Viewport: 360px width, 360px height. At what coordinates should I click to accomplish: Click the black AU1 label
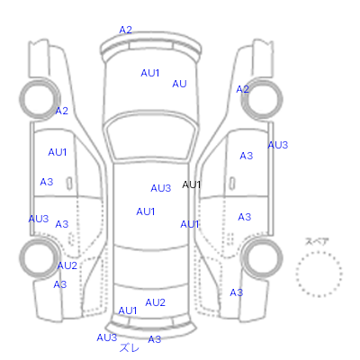point(191,184)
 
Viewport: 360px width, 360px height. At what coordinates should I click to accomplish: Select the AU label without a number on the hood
point(179,84)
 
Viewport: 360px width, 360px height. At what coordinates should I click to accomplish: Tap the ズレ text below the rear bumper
point(130,348)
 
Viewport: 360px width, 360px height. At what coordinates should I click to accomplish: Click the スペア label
point(317,241)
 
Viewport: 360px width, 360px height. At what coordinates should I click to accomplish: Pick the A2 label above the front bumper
point(125,30)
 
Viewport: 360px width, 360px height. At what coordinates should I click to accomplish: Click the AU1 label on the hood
point(150,73)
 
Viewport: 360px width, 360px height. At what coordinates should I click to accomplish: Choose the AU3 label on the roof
point(161,188)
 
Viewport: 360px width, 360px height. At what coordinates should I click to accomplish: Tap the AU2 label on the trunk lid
point(155,302)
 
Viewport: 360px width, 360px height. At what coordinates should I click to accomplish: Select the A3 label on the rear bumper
point(155,339)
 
